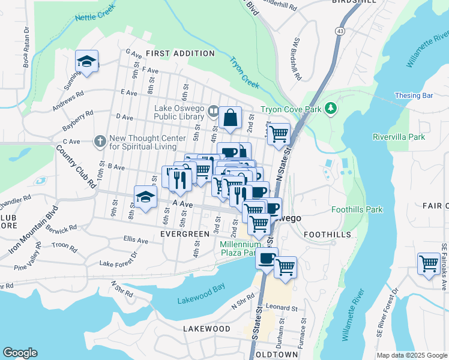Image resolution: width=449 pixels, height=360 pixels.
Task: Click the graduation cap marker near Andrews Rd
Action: [x=87, y=61]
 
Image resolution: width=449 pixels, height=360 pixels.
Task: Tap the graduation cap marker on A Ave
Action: [x=145, y=197]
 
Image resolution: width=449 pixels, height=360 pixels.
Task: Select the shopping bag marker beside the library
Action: [x=231, y=118]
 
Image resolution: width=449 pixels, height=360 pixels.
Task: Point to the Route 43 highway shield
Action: [x=340, y=30]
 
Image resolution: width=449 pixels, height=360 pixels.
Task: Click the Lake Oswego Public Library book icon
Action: [x=212, y=112]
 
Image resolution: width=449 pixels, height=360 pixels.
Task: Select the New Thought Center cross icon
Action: [x=100, y=141]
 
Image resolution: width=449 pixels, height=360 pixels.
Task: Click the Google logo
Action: [x=20, y=353]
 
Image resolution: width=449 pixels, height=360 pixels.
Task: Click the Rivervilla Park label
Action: [x=399, y=137]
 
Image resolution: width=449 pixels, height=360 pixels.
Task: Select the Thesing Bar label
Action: [x=414, y=95]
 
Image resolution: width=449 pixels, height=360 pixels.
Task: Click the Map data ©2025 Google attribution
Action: [x=411, y=355]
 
